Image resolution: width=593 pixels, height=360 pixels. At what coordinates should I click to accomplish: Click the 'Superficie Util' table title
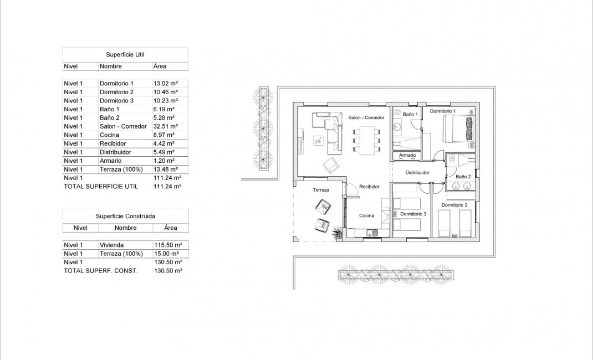pos(125,54)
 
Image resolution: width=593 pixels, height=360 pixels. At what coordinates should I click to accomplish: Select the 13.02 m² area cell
pos(165,84)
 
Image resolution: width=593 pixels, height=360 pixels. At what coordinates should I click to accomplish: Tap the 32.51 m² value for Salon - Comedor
pos(165,126)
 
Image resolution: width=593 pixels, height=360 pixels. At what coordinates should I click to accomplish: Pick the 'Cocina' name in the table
pos(109,135)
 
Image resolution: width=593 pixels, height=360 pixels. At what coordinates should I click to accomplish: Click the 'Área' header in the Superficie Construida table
pos(170,228)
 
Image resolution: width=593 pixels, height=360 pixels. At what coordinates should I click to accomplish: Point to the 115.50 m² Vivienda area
pos(167,245)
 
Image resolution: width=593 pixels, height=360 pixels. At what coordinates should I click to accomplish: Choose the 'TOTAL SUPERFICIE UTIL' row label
pos(101,187)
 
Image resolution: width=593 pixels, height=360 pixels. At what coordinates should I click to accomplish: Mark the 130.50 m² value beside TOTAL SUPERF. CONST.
pos(167,271)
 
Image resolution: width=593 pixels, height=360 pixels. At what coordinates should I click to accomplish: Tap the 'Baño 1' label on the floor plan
pos(410,114)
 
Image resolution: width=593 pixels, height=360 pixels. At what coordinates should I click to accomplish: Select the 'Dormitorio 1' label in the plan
pos(442,111)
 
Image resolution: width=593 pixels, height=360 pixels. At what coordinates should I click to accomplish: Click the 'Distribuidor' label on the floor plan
pos(418,173)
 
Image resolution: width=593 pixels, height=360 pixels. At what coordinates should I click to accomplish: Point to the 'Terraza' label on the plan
pos(320,190)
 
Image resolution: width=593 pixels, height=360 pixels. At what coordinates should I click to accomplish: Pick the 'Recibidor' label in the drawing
pos(369,187)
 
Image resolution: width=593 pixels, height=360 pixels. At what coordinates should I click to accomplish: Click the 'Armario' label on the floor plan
pos(407,156)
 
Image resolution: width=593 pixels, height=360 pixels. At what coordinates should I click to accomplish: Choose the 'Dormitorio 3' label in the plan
pos(413,214)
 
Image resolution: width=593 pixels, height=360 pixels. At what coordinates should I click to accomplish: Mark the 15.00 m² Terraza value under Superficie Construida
pos(167,254)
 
